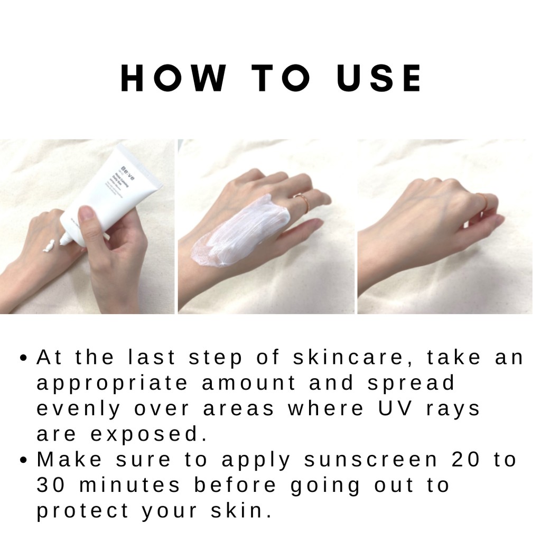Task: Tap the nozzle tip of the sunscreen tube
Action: coord(64,241)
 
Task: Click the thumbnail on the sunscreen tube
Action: coord(87,216)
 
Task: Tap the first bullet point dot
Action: coord(23,358)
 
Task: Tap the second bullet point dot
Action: coord(23,460)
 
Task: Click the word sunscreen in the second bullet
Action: coord(371,460)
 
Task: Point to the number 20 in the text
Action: coord(465,460)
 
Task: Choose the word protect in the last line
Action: coord(82,511)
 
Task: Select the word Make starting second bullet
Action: coord(69,460)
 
